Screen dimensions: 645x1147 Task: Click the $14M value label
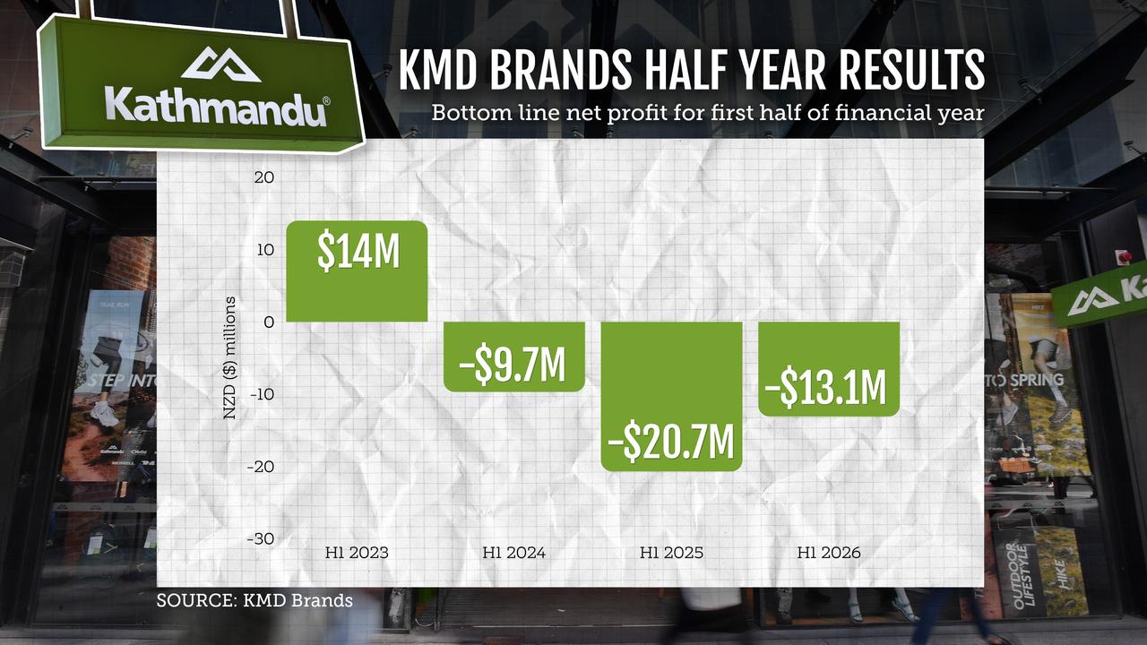[358, 252]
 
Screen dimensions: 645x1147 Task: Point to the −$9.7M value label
[514, 365]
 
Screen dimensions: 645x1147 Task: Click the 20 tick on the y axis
[263, 177]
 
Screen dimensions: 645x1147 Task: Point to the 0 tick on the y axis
[269, 322]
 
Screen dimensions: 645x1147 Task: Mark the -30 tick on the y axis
[261, 538]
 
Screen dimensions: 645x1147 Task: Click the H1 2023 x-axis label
[357, 553]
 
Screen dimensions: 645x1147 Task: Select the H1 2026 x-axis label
[829, 553]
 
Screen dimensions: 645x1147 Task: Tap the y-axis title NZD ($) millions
[230, 358]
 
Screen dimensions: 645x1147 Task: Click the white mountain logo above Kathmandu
[220, 64]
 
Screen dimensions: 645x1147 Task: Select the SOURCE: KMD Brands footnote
[254, 600]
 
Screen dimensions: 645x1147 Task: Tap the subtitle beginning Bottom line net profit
[708, 114]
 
